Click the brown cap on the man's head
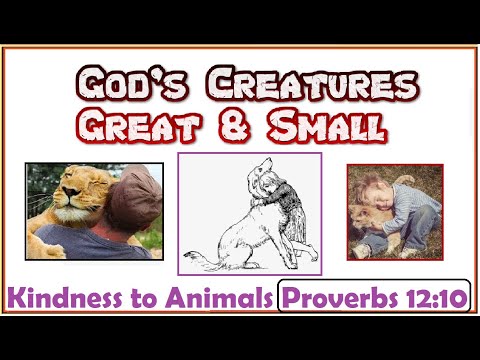click(x=130, y=195)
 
